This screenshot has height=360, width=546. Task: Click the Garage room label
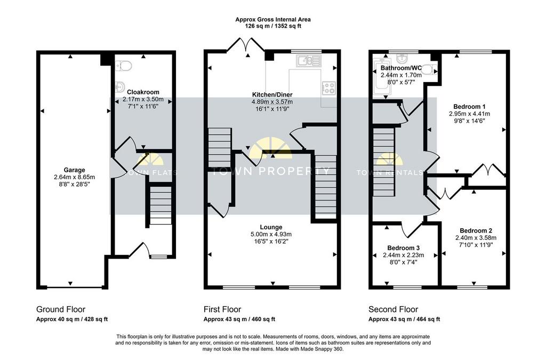tap(75, 170)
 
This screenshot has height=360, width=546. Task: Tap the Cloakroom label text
tap(143, 92)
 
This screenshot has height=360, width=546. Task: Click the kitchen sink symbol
tap(308, 61)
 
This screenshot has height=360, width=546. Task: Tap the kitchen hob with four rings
tap(328, 87)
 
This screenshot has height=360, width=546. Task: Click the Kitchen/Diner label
tap(272, 95)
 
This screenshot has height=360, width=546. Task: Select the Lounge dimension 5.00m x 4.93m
tap(271, 234)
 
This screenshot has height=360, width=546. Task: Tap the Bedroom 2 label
tap(476, 231)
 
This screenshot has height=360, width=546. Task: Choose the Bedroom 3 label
tap(404, 248)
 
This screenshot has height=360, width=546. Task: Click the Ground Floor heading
tap(61, 309)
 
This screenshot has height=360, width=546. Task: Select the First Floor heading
tap(222, 309)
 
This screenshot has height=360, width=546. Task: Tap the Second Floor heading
tap(394, 309)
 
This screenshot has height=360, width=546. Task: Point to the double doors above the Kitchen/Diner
tap(247, 45)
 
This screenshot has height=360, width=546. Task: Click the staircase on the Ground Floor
tap(160, 205)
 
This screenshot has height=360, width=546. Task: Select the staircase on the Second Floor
tap(384, 163)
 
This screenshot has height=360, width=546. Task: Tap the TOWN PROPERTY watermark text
tap(270, 171)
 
